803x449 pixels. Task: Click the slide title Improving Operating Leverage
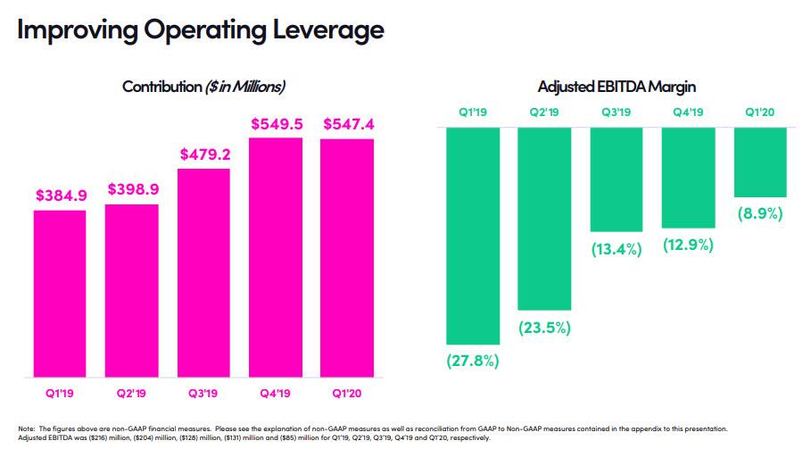(x=200, y=30)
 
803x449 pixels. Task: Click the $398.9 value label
(x=132, y=189)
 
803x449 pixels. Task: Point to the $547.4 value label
(x=348, y=123)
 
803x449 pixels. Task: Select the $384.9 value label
(x=60, y=195)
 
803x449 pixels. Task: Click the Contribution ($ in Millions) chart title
(x=203, y=87)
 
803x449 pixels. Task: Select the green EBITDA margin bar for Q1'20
(x=760, y=162)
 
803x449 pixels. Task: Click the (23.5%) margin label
(x=544, y=328)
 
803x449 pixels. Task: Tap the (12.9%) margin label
(x=688, y=245)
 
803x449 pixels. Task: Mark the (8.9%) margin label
(x=760, y=214)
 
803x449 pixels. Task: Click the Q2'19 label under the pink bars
(x=132, y=392)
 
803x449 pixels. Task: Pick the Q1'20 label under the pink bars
(x=348, y=392)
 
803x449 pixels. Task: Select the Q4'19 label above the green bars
(x=688, y=112)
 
